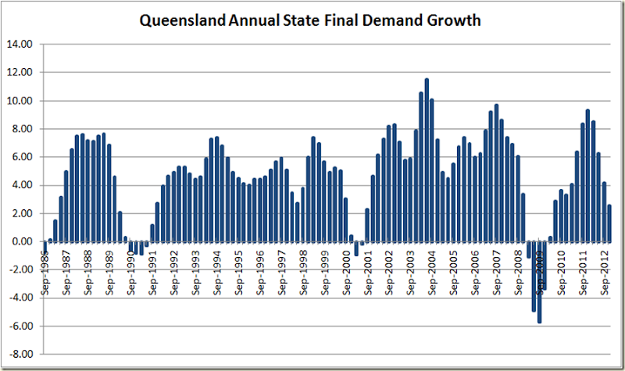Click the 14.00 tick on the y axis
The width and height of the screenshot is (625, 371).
(21, 45)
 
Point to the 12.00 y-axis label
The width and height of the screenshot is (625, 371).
(21, 73)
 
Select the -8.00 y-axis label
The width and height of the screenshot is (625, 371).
(21, 354)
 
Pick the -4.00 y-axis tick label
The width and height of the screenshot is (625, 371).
(21, 298)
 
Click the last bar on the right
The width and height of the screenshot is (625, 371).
(609, 223)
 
